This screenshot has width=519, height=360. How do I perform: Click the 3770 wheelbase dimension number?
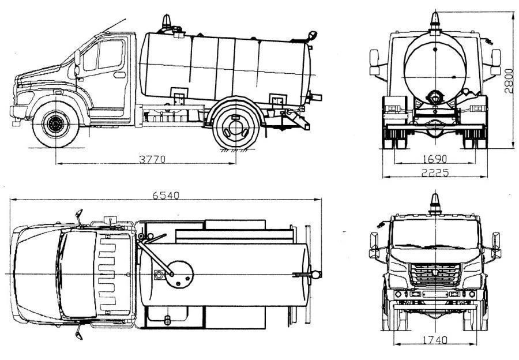pyautogui.click(x=151, y=159)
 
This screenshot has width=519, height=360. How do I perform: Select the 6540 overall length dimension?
pyautogui.click(x=166, y=196)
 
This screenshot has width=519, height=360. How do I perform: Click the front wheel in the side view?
pyautogui.click(x=56, y=123)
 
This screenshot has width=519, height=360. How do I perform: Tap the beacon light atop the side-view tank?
pyautogui.click(x=167, y=22)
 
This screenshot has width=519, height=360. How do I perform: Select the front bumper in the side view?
pyautogui.click(x=19, y=112)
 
